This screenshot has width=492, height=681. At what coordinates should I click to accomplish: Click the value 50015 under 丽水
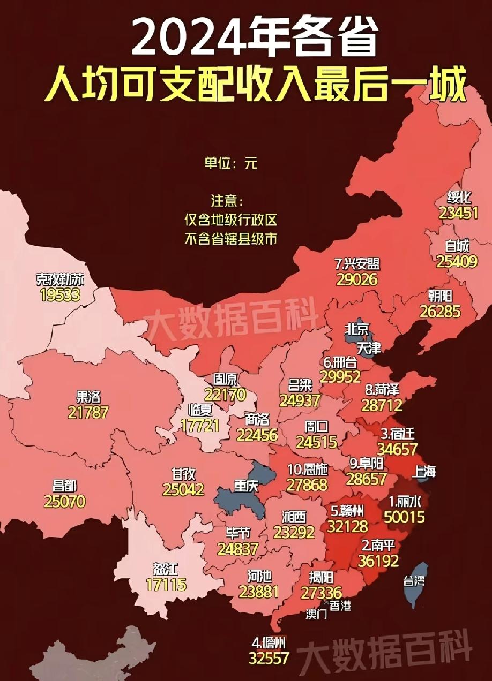click(404, 517)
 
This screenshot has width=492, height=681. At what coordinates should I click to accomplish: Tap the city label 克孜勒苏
click(60, 279)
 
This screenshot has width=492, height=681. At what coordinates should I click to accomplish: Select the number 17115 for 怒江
click(166, 584)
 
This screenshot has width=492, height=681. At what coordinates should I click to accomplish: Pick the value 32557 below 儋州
click(269, 658)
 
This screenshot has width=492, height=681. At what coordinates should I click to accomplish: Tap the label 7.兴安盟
click(357, 264)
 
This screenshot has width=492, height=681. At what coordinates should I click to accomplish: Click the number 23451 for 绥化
click(458, 213)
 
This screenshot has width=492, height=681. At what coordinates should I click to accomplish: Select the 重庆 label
click(247, 486)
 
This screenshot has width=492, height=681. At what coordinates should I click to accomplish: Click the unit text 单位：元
click(230, 163)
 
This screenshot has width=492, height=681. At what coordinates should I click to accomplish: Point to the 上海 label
click(424, 472)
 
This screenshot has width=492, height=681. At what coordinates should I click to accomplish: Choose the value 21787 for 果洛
click(88, 412)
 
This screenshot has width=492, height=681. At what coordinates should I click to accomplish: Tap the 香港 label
click(340, 606)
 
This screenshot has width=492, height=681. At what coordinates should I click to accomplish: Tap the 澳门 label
click(316, 614)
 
